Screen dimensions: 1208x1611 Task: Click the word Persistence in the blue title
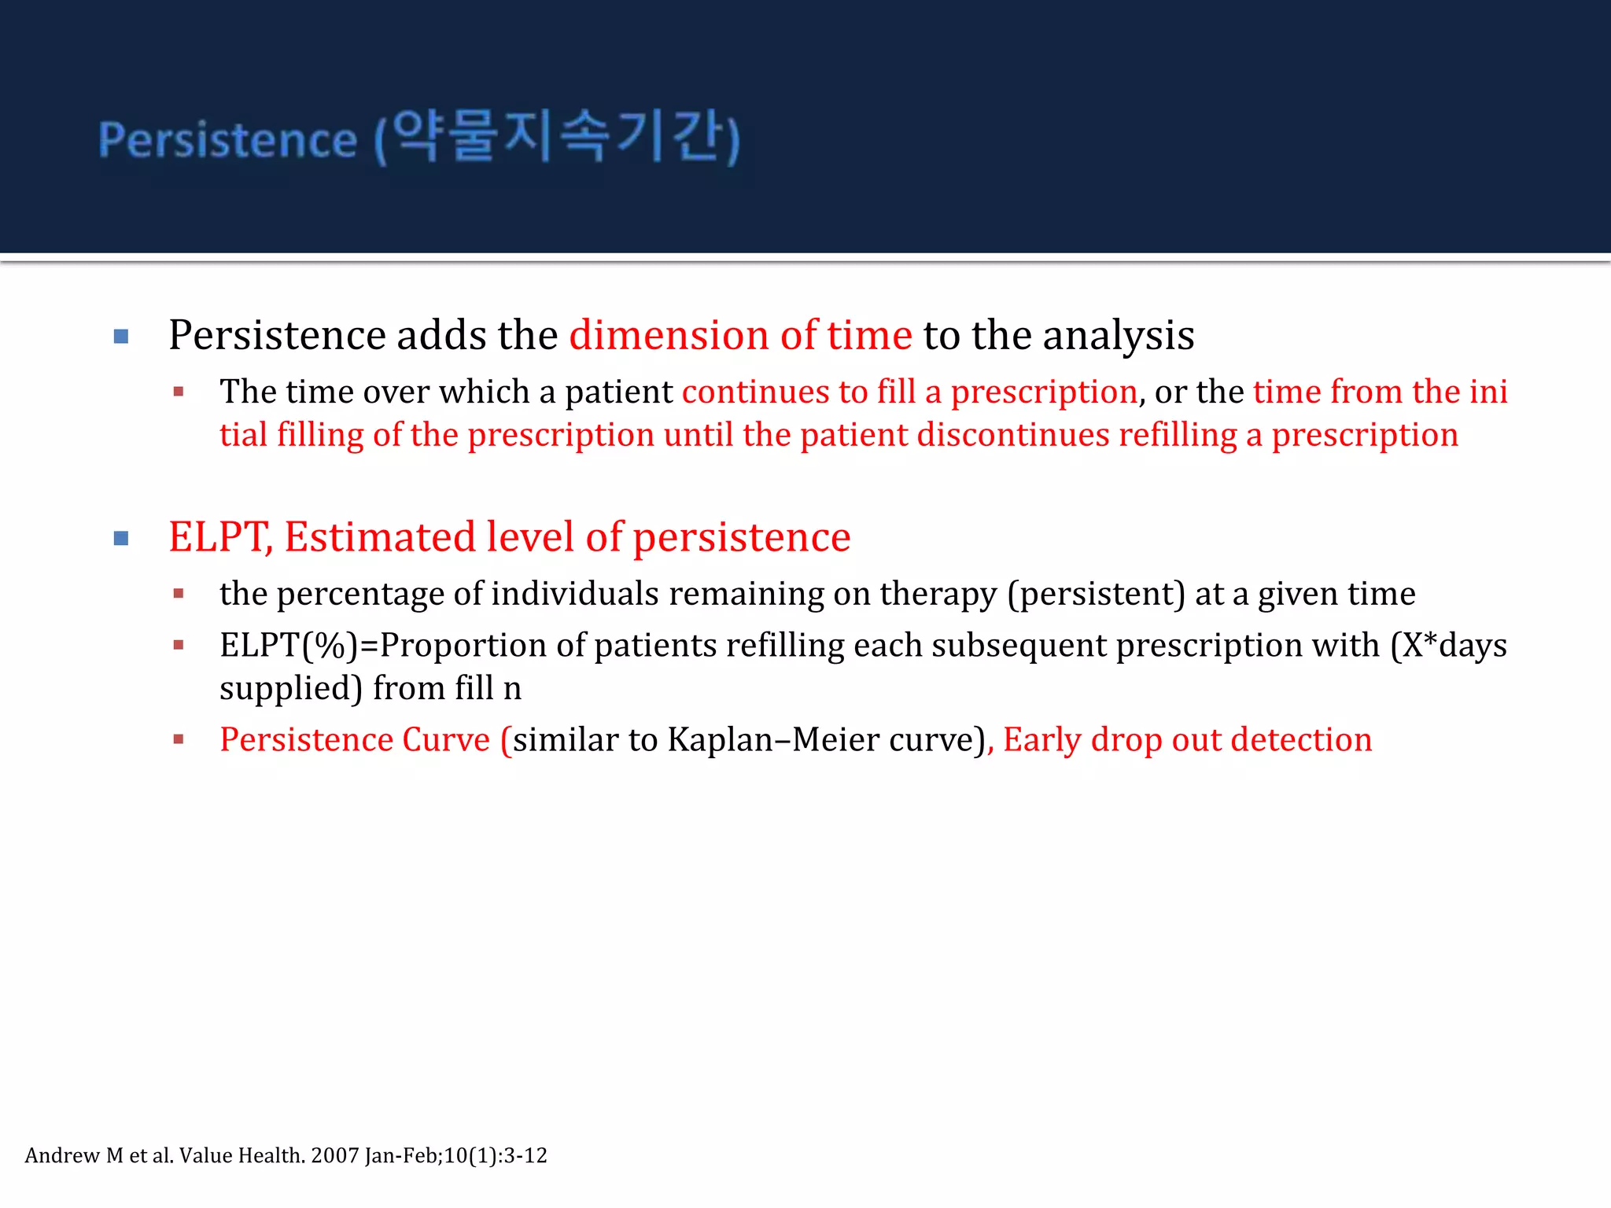pyautogui.click(x=228, y=140)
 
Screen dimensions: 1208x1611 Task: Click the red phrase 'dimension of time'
pyautogui.click(x=740, y=335)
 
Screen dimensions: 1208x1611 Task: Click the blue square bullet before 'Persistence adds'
pyautogui.click(x=121, y=337)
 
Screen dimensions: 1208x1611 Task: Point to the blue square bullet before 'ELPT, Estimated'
pyautogui.click(x=121, y=539)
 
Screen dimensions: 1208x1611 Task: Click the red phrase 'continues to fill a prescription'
pyautogui.click(x=909, y=392)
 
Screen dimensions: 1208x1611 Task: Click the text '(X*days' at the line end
pyautogui.click(x=1448, y=646)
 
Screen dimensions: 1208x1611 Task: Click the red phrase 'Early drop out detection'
pyautogui.click(x=1187, y=740)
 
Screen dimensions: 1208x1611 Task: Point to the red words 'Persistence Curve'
pyautogui.click(x=355, y=740)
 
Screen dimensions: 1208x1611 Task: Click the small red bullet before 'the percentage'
pyautogui.click(x=179, y=594)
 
